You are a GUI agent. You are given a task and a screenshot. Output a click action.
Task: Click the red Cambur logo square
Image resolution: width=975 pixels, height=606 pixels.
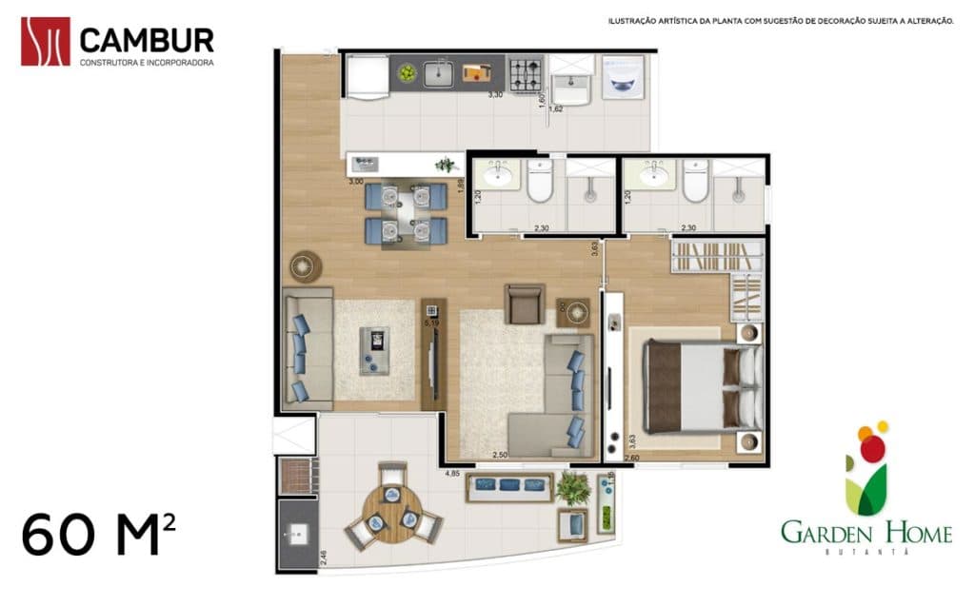[x=46, y=41]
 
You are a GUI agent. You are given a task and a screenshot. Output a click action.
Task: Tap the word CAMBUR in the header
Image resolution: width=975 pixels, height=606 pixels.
[x=147, y=40]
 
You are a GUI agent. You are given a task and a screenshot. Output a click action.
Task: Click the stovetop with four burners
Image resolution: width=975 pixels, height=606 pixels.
[x=523, y=74]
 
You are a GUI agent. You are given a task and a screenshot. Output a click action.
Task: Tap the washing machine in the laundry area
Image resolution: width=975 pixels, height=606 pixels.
[x=624, y=77]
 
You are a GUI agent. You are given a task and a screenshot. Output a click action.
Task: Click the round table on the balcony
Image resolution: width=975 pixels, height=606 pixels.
[x=390, y=513]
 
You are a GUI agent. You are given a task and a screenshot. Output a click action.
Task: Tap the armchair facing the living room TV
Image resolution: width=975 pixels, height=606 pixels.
[x=525, y=303]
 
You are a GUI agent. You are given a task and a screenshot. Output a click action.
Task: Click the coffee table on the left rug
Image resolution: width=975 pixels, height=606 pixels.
[x=375, y=349]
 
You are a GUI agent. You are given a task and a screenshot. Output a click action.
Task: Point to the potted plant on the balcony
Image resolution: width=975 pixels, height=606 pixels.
[x=572, y=488]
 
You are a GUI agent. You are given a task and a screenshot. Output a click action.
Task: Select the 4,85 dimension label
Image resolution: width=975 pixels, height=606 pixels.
[x=452, y=473]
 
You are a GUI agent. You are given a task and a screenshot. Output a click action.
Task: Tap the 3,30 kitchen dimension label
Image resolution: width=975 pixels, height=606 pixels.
[x=495, y=95]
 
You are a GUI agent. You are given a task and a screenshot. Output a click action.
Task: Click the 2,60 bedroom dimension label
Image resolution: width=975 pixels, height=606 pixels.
[x=632, y=459]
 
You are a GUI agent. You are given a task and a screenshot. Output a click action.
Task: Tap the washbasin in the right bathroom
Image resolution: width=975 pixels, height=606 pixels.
[x=653, y=175]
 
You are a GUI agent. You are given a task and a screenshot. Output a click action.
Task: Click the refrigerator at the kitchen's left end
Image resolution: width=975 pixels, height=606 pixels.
[x=367, y=75]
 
